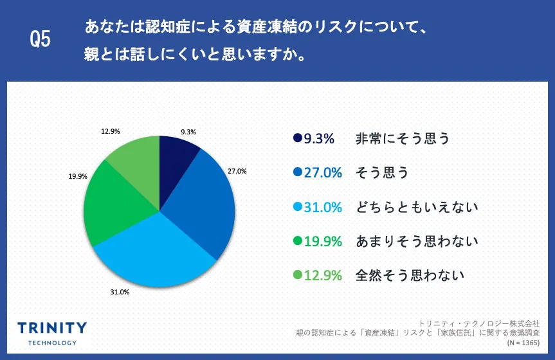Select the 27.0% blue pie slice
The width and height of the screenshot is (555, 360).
click(203, 206)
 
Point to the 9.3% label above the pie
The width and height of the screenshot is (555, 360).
click(188, 132)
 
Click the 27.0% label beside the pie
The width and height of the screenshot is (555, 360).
click(237, 172)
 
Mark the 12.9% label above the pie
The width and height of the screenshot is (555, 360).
click(110, 131)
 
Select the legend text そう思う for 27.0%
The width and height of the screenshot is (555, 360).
click(382, 173)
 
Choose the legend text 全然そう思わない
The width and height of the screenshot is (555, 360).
click(410, 276)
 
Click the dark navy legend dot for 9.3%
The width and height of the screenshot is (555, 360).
click(297, 138)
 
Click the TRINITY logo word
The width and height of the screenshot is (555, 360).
click(52, 328)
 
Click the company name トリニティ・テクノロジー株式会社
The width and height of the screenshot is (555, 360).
click(478, 323)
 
